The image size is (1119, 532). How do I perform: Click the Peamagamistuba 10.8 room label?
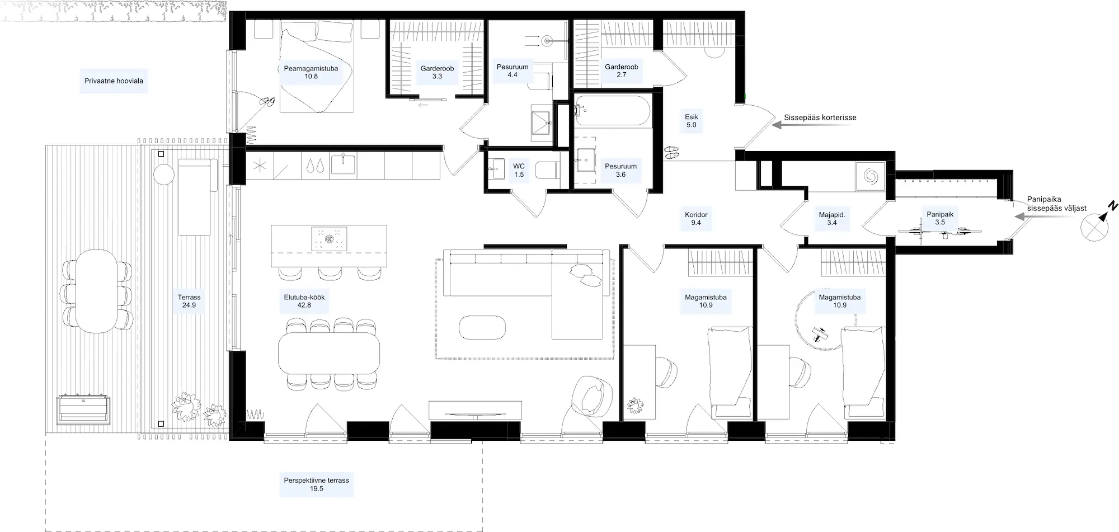pyautogui.click(x=311, y=73)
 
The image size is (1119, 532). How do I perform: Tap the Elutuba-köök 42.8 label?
pyautogui.click(x=304, y=301)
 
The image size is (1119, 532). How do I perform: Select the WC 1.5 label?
pyautogui.click(x=519, y=170)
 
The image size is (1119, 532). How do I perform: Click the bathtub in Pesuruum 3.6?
pyautogui.click(x=612, y=111)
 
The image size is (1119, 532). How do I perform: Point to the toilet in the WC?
pyautogui.click(x=548, y=170)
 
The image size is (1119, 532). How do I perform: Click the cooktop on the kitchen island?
pyautogui.click(x=329, y=239)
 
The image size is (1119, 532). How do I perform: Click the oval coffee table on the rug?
pyautogui.click(x=482, y=328)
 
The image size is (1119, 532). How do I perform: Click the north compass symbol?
pyautogui.click(x=1098, y=223)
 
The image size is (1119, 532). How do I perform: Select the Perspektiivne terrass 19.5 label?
pyautogui.click(x=316, y=484)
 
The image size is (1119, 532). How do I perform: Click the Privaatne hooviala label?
pyautogui.click(x=114, y=81)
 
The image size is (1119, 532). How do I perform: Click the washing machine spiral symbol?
pyautogui.click(x=871, y=176)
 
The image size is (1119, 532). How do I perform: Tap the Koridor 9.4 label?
pyautogui.click(x=696, y=218)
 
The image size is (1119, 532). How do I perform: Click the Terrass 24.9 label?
pyautogui.click(x=189, y=301)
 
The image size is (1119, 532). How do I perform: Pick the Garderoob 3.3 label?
pyautogui.click(x=437, y=72)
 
